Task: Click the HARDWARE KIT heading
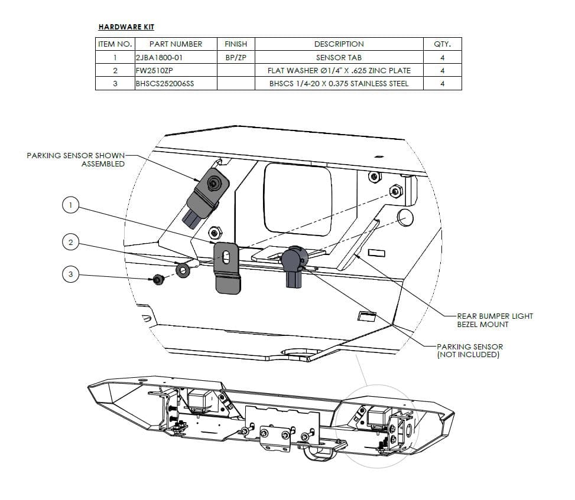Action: click(x=126, y=27)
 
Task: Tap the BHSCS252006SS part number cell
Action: click(x=165, y=83)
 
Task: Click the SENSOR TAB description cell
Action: click(x=339, y=57)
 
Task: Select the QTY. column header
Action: click(x=442, y=44)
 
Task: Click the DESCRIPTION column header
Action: click(x=339, y=44)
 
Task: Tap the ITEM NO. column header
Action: click(x=115, y=44)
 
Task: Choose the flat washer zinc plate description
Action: click(x=339, y=70)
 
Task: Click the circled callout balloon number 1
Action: click(x=70, y=205)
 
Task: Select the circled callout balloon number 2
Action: click(x=70, y=241)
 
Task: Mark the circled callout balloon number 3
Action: click(x=70, y=274)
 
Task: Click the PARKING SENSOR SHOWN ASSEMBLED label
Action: click(x=76, y=159)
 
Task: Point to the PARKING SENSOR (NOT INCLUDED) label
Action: click(x=469, y=351)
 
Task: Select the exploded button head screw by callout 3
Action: click(x=158, y=280)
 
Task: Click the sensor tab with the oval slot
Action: click(x=226, y=267)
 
